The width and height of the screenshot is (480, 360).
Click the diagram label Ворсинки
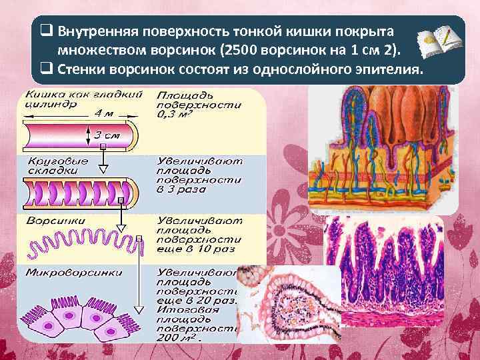click(x=50, y=220)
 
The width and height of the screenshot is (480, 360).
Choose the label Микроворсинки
click(x=63, y=273)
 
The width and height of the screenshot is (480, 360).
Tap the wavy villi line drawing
click(x=83, y=242)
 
